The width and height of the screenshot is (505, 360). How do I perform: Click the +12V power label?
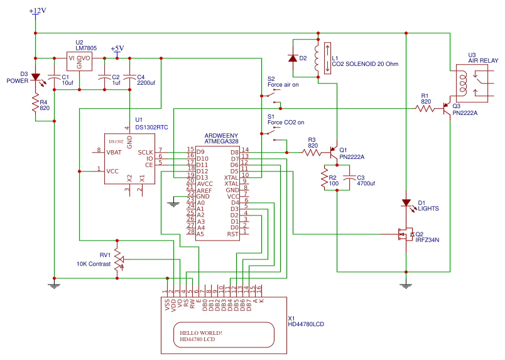tap(37, 11)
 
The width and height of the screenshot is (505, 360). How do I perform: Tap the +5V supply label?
tap(117, 48)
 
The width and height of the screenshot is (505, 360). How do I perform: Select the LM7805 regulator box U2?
tap(79, 62)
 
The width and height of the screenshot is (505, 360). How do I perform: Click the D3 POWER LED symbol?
tap(36, 77)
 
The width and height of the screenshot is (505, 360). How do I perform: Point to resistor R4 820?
tap(36, 104)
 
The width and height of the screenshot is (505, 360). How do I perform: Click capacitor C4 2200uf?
tap(129, 79)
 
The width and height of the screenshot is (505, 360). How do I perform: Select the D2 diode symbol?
tap(292, 58)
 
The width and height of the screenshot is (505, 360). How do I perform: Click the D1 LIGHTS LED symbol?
tap(406, 204)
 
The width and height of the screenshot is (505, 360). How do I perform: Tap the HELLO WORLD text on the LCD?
tap(201, 332)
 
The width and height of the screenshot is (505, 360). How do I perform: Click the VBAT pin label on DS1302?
tap(114, 151)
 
